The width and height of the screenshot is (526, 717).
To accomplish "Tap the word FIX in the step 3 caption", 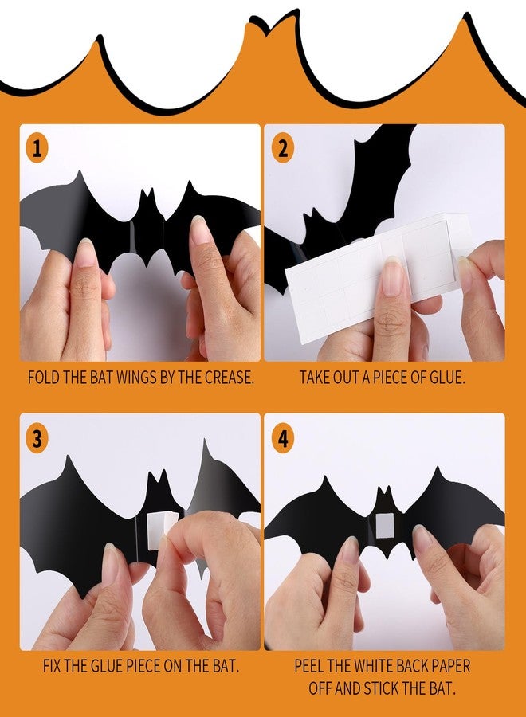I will (55, 665).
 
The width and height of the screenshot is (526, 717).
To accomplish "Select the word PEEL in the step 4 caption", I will (311, 665).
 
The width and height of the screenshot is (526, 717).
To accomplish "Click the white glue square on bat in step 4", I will (385, 524).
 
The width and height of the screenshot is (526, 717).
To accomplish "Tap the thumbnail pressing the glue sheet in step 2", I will (393, 279).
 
